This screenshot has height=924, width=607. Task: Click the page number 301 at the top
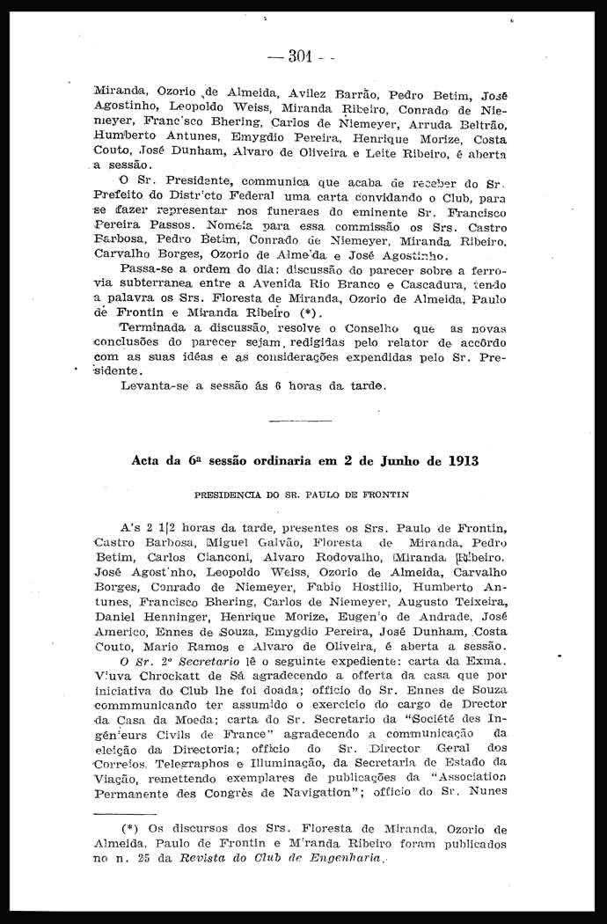pyautogui.click(x=301, y=56)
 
